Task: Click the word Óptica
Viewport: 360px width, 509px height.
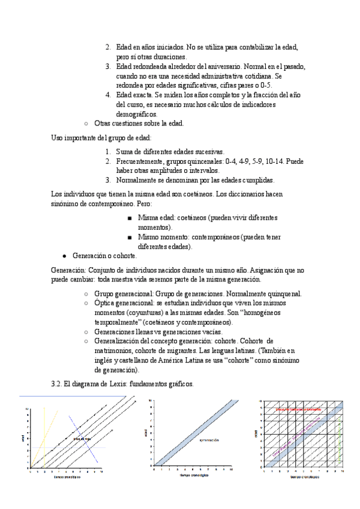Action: pos(106,304)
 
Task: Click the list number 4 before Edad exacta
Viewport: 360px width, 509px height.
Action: pos(107,95)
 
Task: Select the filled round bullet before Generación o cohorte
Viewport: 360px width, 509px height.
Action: pos(64,256)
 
